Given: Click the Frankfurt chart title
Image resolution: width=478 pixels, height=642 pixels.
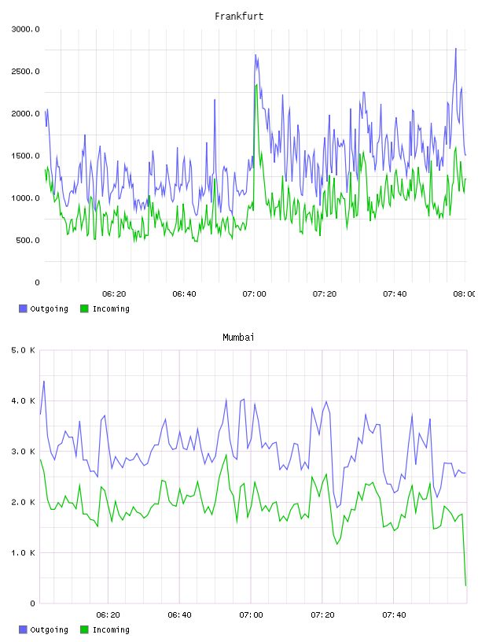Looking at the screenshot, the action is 239,17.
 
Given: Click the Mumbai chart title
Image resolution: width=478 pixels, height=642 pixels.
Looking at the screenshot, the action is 238,338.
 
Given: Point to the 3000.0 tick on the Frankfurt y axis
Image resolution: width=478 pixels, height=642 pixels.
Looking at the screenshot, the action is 26,29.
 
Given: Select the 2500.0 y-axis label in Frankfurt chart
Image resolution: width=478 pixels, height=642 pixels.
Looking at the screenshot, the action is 26,72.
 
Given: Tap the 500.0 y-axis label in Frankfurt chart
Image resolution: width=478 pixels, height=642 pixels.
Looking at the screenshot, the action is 28,240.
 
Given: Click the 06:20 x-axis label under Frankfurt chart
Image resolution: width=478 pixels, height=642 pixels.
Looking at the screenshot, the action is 114,294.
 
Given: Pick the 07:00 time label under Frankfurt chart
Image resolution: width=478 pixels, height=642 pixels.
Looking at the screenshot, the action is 254,294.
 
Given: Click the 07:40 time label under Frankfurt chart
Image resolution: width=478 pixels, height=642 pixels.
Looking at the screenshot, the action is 395,294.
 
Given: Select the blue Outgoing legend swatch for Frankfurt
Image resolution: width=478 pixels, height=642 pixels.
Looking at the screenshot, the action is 23,308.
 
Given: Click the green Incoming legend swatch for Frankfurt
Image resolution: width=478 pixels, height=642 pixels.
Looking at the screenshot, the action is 84,308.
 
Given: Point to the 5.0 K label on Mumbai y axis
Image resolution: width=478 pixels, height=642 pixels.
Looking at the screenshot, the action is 24,350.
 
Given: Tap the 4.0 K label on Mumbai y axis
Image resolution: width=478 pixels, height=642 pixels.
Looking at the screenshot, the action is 24,400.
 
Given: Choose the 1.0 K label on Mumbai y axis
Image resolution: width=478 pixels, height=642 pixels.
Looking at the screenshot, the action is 24,553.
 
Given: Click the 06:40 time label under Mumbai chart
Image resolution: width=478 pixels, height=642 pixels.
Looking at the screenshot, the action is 180,615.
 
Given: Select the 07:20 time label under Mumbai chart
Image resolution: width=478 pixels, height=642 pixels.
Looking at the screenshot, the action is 322,615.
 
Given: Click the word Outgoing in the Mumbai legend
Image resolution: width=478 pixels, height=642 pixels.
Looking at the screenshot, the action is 49,629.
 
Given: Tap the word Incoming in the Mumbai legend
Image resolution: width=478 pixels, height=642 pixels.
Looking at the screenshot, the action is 111,629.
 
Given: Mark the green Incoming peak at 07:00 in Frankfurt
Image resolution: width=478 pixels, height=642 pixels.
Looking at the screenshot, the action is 256,85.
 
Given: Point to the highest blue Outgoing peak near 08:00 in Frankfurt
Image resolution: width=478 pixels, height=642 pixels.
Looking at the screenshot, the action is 455,49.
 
